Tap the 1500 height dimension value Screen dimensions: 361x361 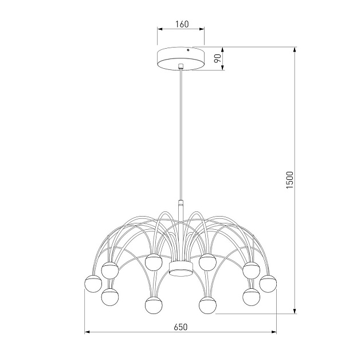(290, 180)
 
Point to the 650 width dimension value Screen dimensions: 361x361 (180, 327)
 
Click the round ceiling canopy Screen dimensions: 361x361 (180, 58)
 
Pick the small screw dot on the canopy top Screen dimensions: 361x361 (194, 49)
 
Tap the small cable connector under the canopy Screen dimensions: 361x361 (180, 66)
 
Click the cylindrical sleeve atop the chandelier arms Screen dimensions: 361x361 (180, 205)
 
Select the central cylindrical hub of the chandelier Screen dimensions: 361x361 (180, 268)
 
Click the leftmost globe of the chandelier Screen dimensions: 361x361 (93, 283)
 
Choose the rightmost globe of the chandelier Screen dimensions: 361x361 (268, 283)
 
